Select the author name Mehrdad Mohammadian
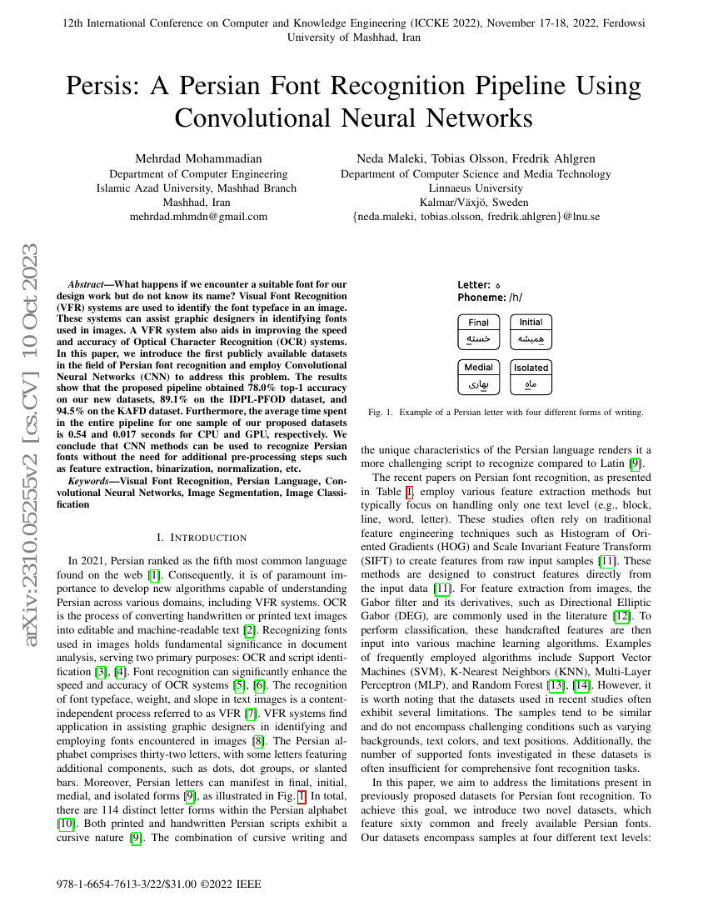coord(198,158)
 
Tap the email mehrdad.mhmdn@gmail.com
coord(198,217)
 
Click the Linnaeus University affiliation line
coord(476,188)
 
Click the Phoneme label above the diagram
coord(481,297)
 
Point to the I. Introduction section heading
coord(202,538)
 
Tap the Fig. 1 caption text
coord(505,412)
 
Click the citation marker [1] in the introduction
coord(153,576)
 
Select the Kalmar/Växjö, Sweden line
coord(476,203)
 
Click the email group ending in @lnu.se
coord(476,217)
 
